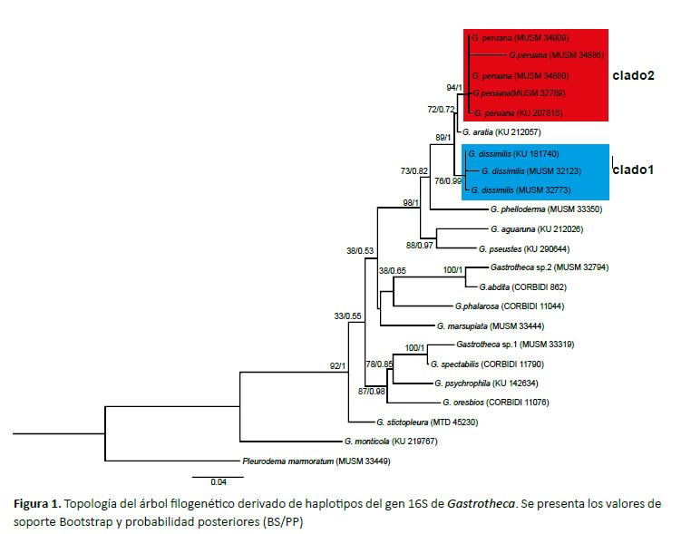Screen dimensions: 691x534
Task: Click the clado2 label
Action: [633, 76]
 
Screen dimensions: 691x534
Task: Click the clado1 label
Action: [633, 170]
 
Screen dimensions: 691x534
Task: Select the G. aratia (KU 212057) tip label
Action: [501, 132]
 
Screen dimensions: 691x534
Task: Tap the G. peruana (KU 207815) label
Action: [519, 113]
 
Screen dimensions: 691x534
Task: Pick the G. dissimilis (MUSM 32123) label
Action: [531, 171]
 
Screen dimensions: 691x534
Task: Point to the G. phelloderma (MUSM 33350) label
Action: [546, 209]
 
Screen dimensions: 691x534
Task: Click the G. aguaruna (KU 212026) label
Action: [537, 229]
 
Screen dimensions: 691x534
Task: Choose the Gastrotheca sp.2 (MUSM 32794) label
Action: [550, 267]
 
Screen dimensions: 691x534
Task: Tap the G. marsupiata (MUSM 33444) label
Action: [491, 326]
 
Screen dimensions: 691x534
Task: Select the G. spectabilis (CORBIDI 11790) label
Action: [487, 364]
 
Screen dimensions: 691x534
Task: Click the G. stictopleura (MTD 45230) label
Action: [427, 422]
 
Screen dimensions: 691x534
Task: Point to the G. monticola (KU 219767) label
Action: [391, 442]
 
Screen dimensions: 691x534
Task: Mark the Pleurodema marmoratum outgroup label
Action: [316, 461]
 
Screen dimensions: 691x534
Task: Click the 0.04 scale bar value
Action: [219, 482]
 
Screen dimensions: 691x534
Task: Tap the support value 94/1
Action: [454, 88]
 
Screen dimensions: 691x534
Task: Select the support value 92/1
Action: [337, 366]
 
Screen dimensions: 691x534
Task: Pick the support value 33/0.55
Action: [347, 316]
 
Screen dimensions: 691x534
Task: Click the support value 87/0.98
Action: [371, 392]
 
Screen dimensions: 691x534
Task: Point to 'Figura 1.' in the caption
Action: [37, 503]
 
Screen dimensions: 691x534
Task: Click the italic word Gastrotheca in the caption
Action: [481, 503]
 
